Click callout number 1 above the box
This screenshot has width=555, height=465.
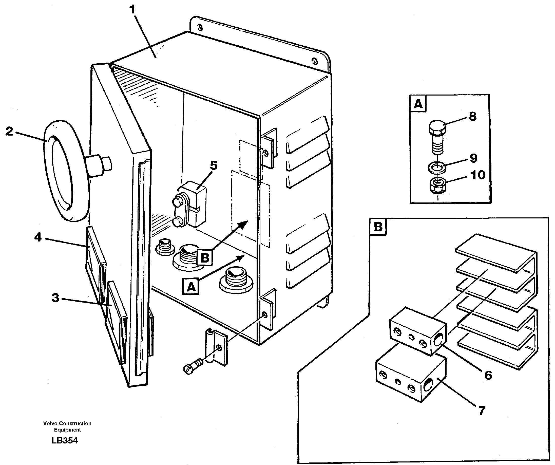click(132, 10)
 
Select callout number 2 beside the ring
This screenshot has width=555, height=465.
click(9, 131)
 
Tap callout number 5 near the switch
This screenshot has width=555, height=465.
click(214, 165)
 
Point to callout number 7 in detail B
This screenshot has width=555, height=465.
click(482, 411)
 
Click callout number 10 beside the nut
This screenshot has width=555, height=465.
click(478, 175)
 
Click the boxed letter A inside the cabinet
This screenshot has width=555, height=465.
click(191, 287)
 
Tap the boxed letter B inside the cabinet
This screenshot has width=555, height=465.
click(205, 257)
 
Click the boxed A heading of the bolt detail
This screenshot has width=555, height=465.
click(418, 104)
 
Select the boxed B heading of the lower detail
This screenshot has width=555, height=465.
click(378, 227)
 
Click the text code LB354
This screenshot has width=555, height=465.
click(65, 440)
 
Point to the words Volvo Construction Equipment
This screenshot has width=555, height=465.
click(67, 426)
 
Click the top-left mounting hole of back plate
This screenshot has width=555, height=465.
click(200, 28)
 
